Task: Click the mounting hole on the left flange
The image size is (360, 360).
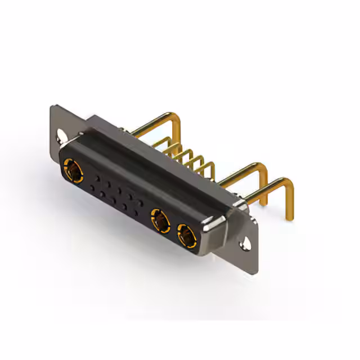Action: coord(61,136)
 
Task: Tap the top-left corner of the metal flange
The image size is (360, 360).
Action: coord(54,107)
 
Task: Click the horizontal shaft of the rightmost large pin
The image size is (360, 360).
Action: coord(264,191)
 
